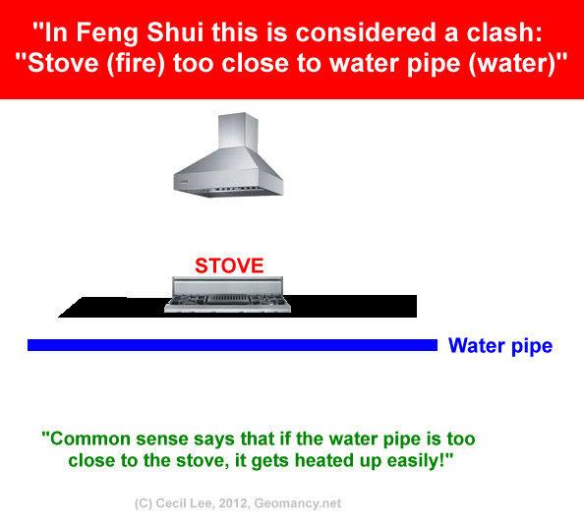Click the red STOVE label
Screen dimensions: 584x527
click(x=229, y=265)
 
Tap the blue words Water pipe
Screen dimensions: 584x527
click(x=500, y=346)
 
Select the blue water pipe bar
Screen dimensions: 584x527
click(x=232, y=345)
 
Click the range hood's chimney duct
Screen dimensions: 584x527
click(x=238, y=131)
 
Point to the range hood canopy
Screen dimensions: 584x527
click(x=229, y=173)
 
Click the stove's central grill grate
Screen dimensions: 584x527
click(x=227, y=299)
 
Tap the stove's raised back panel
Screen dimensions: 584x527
click(x=227, y=286)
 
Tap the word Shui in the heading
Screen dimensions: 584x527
click(x=175, y=32)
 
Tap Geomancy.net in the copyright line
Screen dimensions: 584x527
click(x=298, y=504)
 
